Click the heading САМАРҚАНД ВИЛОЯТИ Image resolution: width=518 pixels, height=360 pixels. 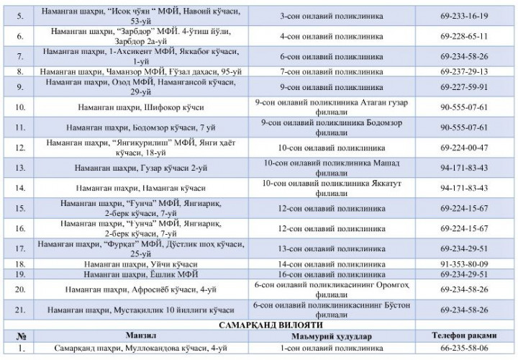point(260,325)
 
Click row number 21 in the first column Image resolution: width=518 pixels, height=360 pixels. point(21,310)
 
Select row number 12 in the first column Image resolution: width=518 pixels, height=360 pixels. point(21,148)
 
